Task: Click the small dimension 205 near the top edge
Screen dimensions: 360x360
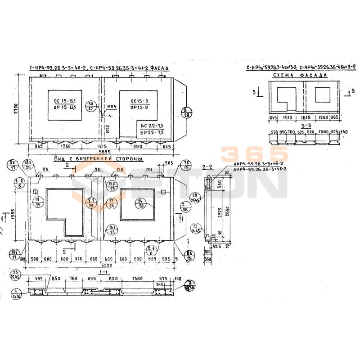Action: [170, 163]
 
